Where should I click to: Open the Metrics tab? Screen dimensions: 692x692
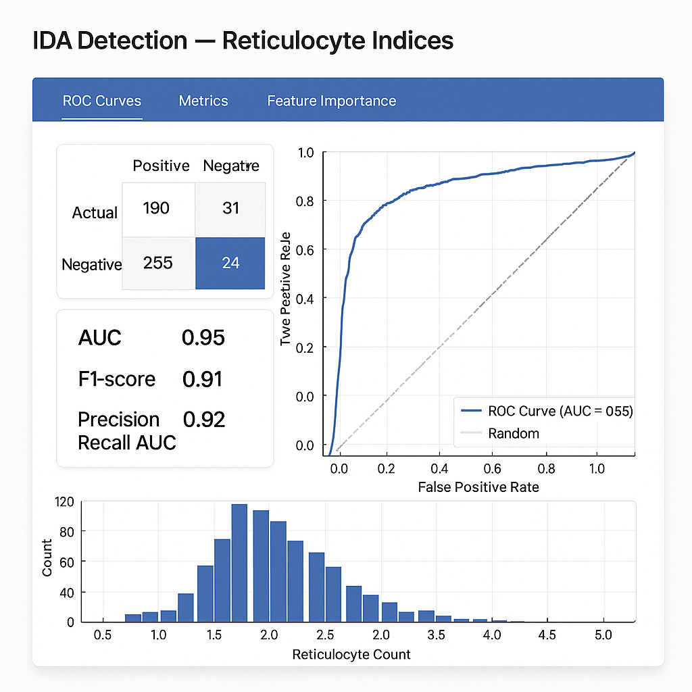click(203, 101)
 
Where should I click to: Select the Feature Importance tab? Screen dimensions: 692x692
click(331, 101)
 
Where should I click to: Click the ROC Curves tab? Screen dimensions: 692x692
click(102, 101)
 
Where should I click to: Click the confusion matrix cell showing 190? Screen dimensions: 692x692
click(156, 207)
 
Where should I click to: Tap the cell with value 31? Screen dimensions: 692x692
click(231, 207)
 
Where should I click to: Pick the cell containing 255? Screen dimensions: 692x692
click(158, 263)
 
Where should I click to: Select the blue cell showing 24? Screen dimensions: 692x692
click(230, 263)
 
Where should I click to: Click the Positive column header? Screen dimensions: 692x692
click(161, 166)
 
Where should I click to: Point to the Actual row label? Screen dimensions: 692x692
click(95, 213)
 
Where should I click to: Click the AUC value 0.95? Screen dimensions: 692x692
click(203, 337)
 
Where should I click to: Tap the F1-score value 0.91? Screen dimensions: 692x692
click(202, 379)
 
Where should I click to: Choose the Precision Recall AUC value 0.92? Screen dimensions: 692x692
click(204, 420)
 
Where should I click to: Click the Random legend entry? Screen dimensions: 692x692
click(513, 433)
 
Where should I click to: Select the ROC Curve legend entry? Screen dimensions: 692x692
click(560, 411)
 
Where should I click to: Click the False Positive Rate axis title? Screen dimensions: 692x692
click(478, 487)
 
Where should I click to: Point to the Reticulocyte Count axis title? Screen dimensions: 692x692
click(351, 654)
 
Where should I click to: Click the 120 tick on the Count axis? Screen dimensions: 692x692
click(64, 502)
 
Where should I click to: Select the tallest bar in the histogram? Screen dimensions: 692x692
click(239, 563)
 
